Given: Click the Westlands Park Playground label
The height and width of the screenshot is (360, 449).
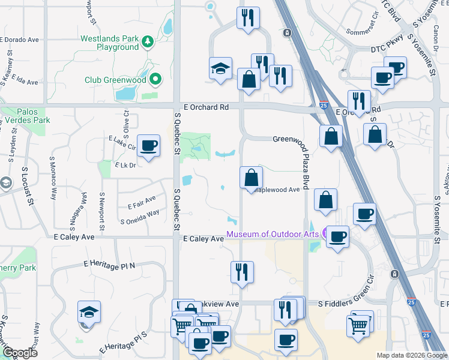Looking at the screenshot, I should [110, 43].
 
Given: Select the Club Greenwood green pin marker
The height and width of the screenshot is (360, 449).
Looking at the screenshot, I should [156, 79].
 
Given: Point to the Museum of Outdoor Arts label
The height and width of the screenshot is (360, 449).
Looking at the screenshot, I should [273, 233].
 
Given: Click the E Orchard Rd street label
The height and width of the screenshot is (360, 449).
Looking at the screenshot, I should [206, 107].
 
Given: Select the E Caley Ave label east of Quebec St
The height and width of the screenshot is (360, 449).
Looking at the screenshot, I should [203, 239].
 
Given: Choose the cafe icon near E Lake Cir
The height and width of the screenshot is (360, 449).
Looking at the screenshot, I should [148, 146].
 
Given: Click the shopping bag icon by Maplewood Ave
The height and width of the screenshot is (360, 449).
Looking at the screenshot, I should [251, 178].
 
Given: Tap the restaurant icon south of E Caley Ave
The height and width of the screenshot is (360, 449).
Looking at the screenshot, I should [242, 272].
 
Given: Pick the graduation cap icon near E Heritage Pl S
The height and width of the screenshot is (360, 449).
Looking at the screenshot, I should [89, 313].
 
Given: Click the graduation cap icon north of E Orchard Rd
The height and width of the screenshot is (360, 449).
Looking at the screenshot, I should [220, 69].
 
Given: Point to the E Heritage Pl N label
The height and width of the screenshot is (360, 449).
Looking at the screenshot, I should [110, 263].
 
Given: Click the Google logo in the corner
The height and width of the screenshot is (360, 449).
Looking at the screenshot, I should [20, 353].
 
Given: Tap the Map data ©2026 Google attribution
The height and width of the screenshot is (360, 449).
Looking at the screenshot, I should [411, 355].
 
